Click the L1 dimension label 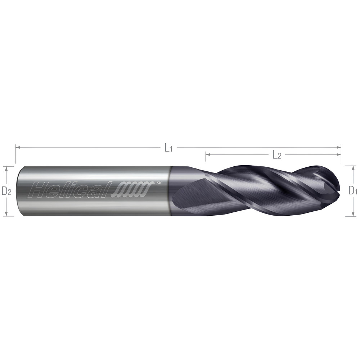168,148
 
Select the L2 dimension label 276,155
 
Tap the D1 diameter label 352,191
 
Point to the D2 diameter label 6,191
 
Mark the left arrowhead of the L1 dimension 17,147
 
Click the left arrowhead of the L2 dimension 207,155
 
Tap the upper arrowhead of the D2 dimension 6,168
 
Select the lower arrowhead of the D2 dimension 6,214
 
